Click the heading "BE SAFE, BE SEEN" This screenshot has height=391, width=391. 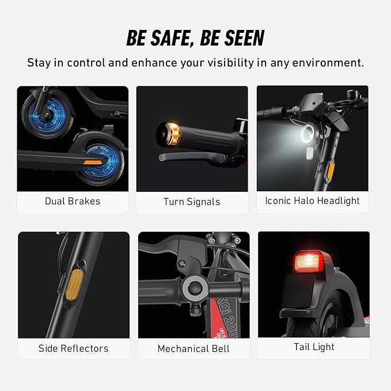click(195, 38)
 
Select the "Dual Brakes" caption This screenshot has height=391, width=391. click(73, 201)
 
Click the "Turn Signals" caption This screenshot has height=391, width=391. click(192, 202)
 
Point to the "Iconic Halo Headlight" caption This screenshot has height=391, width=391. click(312, 200)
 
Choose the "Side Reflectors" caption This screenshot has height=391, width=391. click(73, 348)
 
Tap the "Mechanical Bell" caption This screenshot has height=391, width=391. click(193, 348)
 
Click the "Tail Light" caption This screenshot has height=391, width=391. click(314, 347)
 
